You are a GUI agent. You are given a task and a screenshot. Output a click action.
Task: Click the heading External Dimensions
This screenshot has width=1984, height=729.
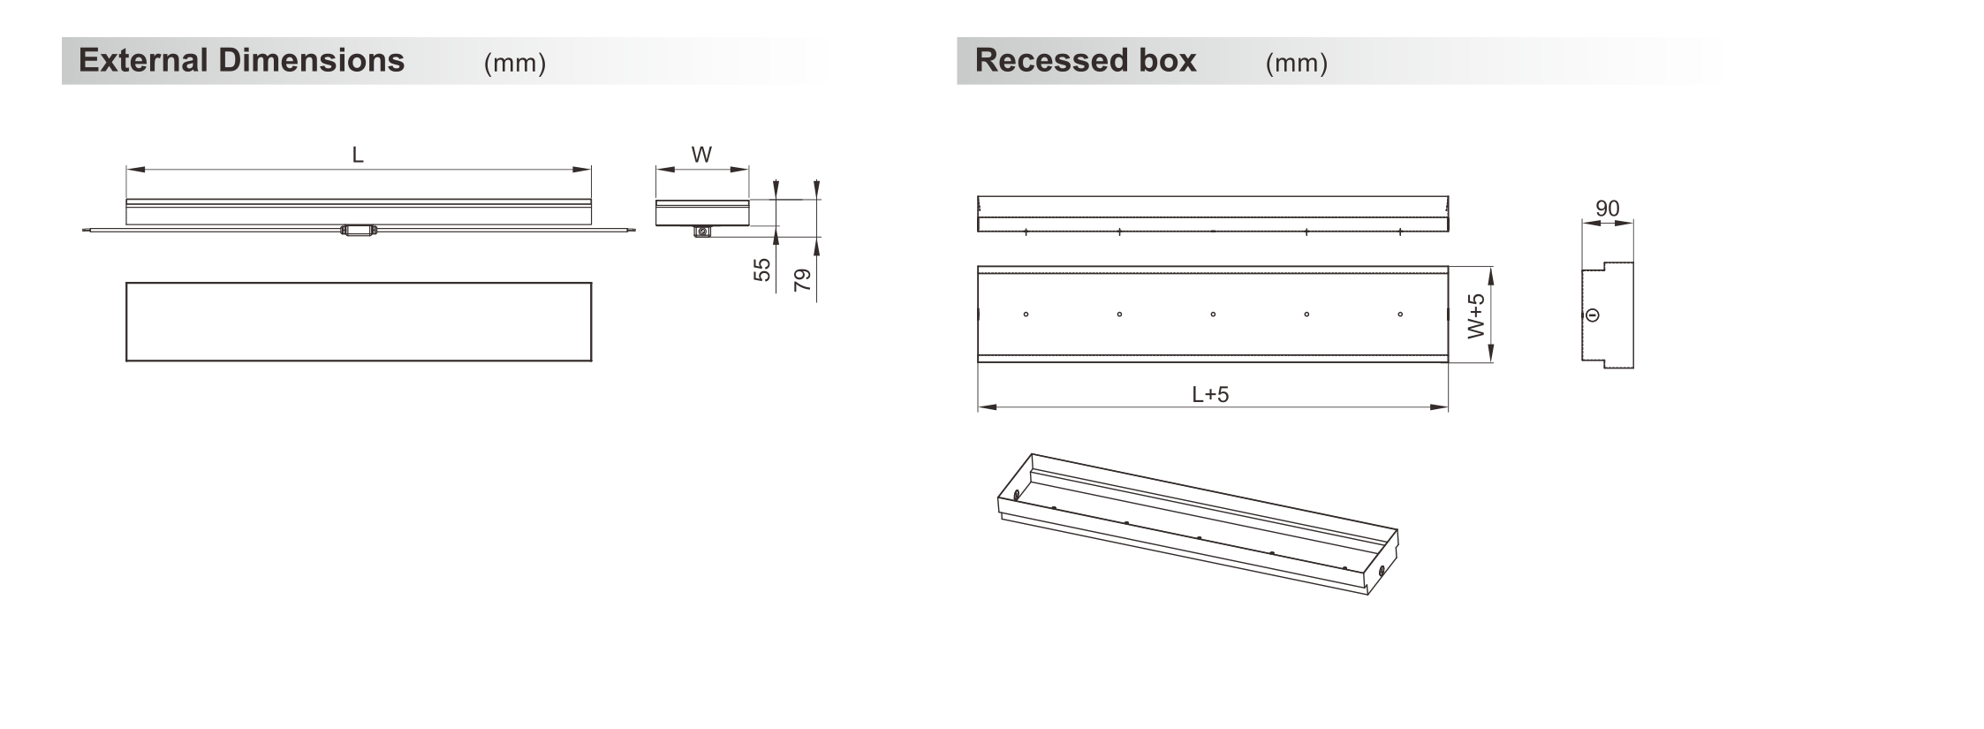[241, 60]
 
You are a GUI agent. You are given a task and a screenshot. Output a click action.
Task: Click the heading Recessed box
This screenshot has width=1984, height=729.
[1085, 60]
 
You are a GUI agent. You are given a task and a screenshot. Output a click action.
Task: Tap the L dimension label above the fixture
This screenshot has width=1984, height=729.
[358, 156]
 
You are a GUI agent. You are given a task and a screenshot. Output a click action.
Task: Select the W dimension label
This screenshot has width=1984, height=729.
[701, 155]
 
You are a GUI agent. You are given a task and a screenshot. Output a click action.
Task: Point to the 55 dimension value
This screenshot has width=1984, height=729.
[761, 270]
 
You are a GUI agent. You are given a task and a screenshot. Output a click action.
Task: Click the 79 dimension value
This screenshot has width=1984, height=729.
[802, 280]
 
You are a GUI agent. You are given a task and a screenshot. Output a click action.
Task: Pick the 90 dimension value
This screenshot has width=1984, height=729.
[1607, 209]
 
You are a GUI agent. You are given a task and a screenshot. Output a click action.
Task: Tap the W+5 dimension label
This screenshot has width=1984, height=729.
[1475, 315]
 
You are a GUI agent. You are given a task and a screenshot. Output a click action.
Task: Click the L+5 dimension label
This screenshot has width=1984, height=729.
[1210, 394]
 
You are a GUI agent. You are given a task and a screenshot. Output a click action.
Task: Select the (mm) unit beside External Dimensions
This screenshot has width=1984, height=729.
[515, 63]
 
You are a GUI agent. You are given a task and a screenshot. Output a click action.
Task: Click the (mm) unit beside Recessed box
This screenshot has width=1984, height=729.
[1296, 63]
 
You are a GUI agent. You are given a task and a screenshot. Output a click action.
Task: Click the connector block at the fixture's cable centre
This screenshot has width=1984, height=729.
[358, 231]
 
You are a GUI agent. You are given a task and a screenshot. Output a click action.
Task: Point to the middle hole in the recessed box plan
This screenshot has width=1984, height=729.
[1213, 314]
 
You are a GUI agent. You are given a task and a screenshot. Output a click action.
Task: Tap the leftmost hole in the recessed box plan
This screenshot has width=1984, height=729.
[1026, 314]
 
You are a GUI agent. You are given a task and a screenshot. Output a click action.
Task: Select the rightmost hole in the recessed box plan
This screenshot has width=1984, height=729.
[1400, 314]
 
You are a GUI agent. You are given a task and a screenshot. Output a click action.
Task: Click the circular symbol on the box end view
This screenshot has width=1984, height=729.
[1593, 315]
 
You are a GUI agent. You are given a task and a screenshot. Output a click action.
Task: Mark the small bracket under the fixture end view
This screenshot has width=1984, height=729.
[702, 232]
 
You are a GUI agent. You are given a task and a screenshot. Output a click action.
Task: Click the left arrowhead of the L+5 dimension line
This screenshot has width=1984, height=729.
[987, 407]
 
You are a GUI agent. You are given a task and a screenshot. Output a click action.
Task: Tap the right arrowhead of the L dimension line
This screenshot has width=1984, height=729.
[582, 170]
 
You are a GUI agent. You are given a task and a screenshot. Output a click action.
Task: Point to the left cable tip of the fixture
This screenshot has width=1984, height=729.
[84, 232]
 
